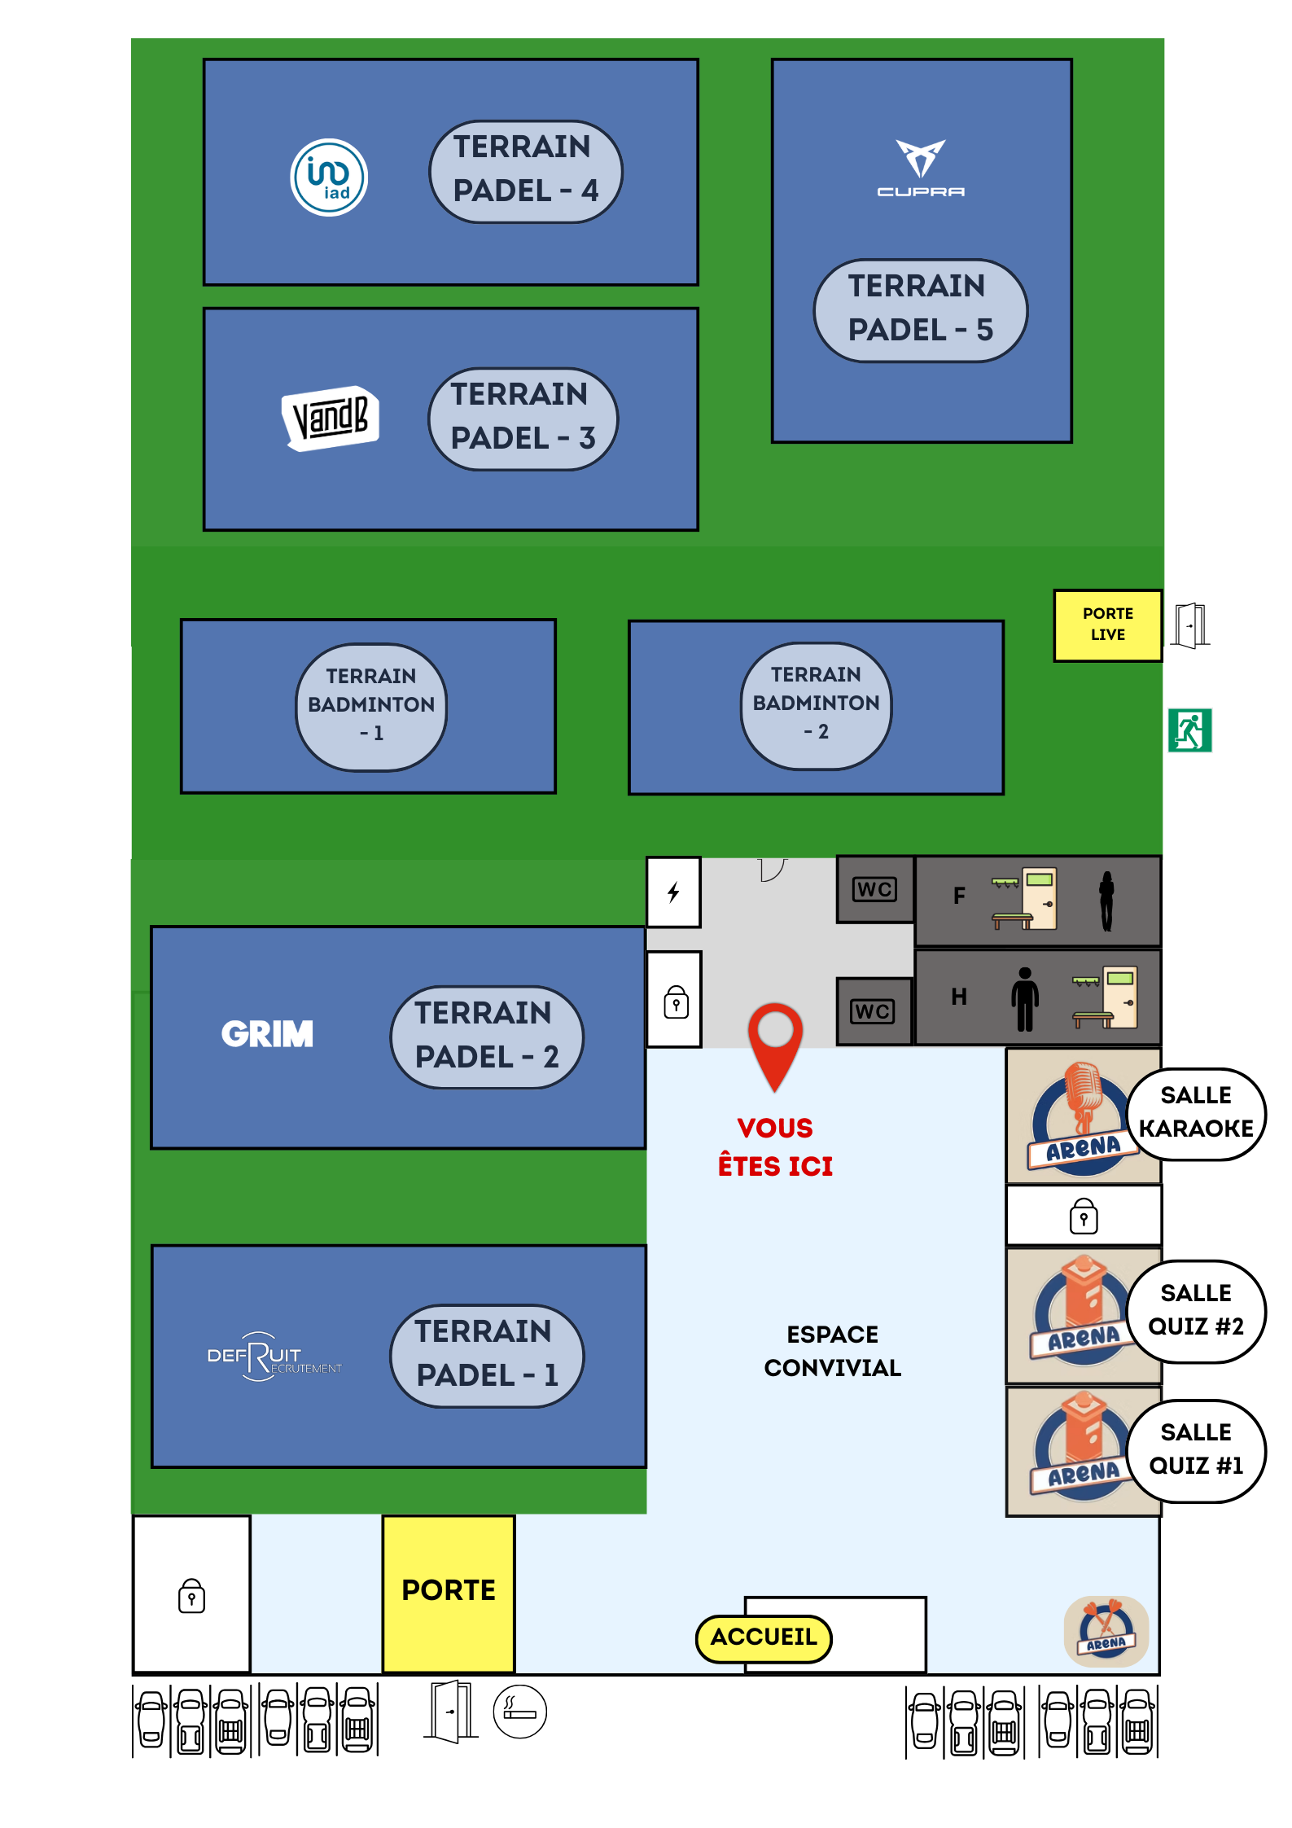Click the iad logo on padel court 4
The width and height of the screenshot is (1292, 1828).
pyautogui.click(x=329, y=178)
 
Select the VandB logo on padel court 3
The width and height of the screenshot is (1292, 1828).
pyautogui.click(x=331, y=418)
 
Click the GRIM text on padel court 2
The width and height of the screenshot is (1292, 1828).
pyautogui.click(x=267, y=1034)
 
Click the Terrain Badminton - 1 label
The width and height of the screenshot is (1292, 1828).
pyautogui.click(x=371, y=705)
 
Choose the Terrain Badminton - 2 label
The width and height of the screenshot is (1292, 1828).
pyautogui.click(x=816, y=704)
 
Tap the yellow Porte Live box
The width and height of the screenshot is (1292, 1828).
pyautogui.click(x=1107, y=625)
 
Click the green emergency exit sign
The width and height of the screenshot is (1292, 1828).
pyautogui.click(x=1189, y=730)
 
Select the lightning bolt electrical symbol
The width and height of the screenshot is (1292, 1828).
pyautogui.click(x=673, y=892)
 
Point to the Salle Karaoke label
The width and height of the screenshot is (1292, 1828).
pyautogui.click(x=1196, y=1112)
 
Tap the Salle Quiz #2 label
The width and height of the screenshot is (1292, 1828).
pyautogui.click(x=1196, y=1310)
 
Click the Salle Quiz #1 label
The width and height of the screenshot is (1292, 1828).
pyautogui.click(x=1196, y=1449)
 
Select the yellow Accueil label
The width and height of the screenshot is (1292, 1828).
pyautogui.click(x=764, y=1637)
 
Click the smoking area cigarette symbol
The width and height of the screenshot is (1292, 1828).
pyautogui.click(x=519, y=1712)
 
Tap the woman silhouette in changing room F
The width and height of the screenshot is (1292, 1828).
pyautogui.click(x=1106, y=901)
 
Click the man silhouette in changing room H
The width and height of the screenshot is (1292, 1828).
pyautogui.click(x=1025, y=998)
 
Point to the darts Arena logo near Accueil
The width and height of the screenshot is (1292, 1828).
pyautogui.click(x=1106, y=1630)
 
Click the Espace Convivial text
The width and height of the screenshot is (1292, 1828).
pyautogui.click(x=832, y=1351)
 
